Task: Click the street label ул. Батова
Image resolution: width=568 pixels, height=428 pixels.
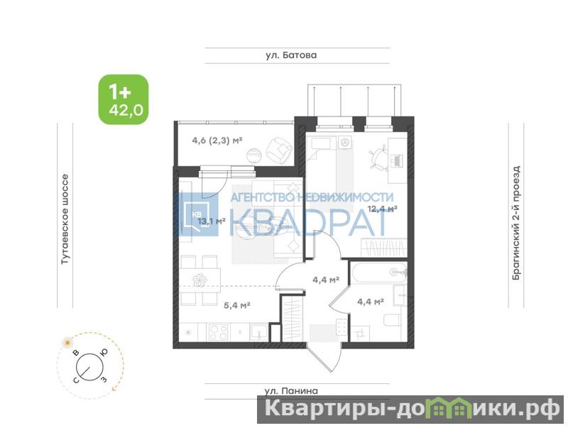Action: point(291,55)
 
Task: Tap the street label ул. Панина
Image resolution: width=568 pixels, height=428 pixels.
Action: point(291,390)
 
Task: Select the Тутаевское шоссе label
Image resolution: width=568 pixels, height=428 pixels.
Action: point(65,219)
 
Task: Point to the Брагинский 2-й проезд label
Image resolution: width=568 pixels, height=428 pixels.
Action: point(516,223)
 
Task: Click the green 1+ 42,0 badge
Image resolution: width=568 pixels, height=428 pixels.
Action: point(124,99)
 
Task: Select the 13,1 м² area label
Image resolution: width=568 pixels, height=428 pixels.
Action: point(212,221)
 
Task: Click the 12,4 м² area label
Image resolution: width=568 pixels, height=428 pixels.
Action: point(383,209)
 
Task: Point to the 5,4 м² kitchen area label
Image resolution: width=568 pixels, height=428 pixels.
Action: point(237,305)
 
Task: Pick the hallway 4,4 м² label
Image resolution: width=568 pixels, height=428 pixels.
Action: point(326,280)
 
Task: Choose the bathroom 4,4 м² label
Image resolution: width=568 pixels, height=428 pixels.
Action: point(370,301)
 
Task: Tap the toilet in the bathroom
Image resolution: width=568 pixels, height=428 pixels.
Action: point(391,319)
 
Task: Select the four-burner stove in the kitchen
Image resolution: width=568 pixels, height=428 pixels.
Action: point(218,332)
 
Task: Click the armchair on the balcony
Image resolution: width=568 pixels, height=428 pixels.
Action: point(279,150)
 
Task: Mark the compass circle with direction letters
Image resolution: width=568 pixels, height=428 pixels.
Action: point(90,367)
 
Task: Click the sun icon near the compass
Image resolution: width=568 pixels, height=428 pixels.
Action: point(67,342)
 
